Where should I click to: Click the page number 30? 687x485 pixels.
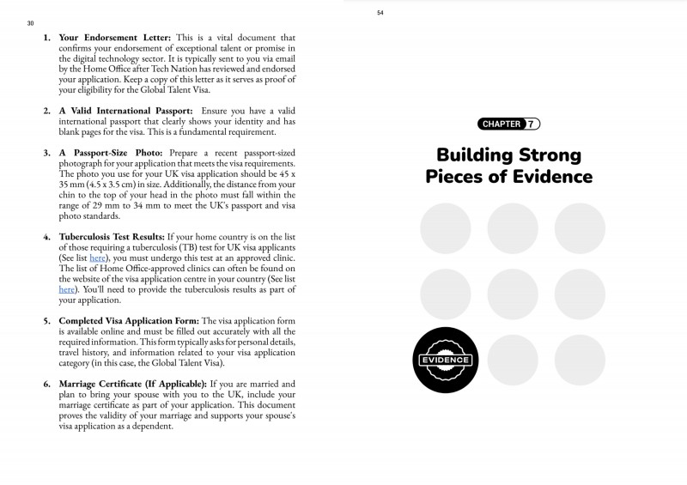[30, 23]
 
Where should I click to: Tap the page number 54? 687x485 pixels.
[380, 12]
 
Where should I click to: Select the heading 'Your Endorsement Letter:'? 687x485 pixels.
[116, 38]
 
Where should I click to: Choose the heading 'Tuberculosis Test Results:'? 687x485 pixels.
[111, 235]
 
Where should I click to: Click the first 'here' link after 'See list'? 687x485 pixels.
[98, 257]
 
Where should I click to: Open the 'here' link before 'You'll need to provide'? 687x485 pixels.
[67, 289]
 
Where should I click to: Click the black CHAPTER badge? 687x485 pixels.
[502, 124]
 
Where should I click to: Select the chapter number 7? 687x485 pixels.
[532, 124]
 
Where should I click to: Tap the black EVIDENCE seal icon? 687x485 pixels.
[445, 361]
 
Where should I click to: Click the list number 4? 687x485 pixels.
[46, 235]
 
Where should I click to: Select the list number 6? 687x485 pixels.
[46, 383]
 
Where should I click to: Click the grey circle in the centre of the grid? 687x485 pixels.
[513, 294]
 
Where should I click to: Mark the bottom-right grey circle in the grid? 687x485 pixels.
[580, 361]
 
